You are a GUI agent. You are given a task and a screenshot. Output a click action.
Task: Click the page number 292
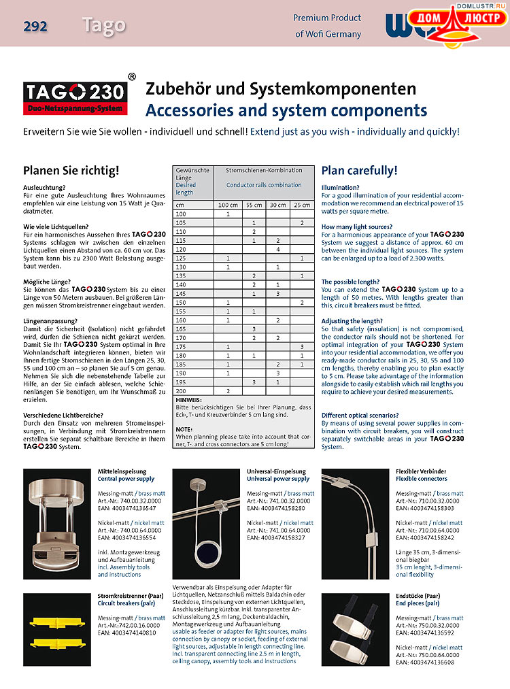[35, 27]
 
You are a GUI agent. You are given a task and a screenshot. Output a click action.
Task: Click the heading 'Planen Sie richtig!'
[71, 171]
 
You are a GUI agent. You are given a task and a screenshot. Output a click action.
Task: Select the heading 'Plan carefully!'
[359, 171]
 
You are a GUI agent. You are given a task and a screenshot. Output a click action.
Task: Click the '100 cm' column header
[227, 205]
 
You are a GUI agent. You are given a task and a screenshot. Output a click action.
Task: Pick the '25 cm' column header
[301, 205]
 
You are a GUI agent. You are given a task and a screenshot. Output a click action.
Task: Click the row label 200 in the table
[182, 391]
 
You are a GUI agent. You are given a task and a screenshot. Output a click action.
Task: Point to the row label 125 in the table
[182, 258]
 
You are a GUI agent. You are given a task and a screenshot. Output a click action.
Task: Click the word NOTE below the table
[184, 429]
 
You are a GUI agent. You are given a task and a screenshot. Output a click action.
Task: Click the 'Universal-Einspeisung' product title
[276, 471]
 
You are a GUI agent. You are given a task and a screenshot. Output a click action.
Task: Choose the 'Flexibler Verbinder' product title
[421, 471]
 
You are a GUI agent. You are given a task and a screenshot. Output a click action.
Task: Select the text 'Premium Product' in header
[327, 18]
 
